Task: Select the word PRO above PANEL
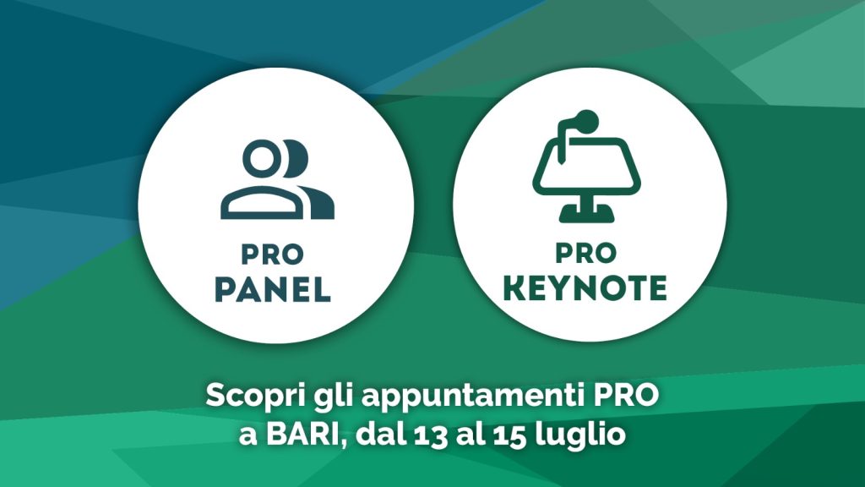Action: point(273,254)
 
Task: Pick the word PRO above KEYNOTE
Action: point(585,253)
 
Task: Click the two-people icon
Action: point(277,179)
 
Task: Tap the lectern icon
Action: point(586,167)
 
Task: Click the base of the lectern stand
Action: point(586,214)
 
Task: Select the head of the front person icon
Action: point(261,158)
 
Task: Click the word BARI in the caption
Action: point(302,435)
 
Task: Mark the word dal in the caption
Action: point(380,434)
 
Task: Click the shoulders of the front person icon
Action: point(262,203)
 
